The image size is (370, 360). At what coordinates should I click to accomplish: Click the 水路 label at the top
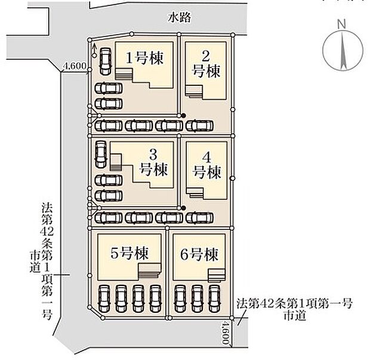pyautogui.click(x=179, y=18)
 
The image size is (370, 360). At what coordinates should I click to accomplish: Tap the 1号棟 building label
pyautogui.click(x=145, y=58)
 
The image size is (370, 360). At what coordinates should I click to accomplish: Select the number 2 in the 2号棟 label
pyautogui.click(x=205, y=57)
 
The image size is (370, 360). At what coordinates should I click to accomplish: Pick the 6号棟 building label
pyautogui.click(x=199, y=255)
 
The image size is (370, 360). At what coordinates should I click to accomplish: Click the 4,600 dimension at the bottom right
pyautogui.click(x=224, y=332)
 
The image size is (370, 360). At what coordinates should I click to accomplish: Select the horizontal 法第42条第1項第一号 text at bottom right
pyautogui.click(x=294, y=303)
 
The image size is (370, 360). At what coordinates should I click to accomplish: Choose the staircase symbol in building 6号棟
pyautogui.click(x=216, y=274)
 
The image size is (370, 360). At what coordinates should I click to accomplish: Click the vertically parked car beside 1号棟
pyautogui.click(x=105, y=60)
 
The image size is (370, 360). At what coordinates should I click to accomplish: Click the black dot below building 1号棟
pyautogui.click(x=183, y=116)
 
